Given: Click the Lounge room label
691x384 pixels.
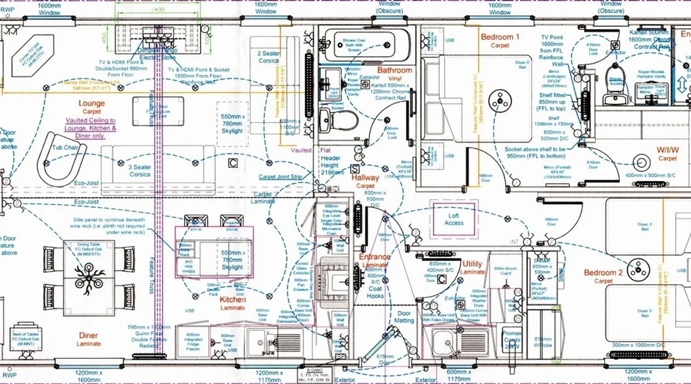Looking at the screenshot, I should [x=91, y=103].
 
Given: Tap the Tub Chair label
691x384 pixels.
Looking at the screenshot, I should [x=65, y=147].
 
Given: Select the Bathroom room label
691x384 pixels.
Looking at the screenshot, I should [x=394, y=70].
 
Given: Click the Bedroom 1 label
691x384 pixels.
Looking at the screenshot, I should [x=500, y=37].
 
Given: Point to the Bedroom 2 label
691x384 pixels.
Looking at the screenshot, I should [x=603, y=273].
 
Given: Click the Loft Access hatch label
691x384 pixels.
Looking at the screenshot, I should [x=454, y=219].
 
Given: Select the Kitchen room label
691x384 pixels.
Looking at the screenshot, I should [x=233, y=300].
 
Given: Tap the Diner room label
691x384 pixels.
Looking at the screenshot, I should [x=88, y=336].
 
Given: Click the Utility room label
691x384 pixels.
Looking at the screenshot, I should [x=472, y=264].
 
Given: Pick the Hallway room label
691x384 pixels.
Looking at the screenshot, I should [x=365, y=178].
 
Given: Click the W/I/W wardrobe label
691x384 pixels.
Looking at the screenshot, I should [x=668, y=150].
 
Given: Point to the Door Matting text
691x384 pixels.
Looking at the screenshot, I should [x=404, y=317].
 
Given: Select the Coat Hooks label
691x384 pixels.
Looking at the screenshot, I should [x=375, y=292].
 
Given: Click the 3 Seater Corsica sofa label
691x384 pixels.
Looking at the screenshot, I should [x=140, y=170].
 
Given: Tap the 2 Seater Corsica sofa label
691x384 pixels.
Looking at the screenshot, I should [x=268, y=57].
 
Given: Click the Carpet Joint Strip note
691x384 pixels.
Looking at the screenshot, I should [x=280, y=177].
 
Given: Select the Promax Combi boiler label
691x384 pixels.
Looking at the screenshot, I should [x=512, y=339].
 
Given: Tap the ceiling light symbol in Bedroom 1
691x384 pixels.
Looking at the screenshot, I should [x=500, y=101].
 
